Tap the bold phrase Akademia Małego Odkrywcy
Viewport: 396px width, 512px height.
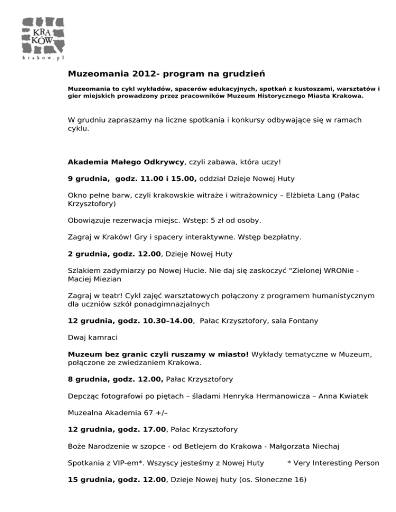pyautogui.click(x=126, y=162)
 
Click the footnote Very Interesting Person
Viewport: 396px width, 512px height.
pyautogui.click(x=336, y=463)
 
